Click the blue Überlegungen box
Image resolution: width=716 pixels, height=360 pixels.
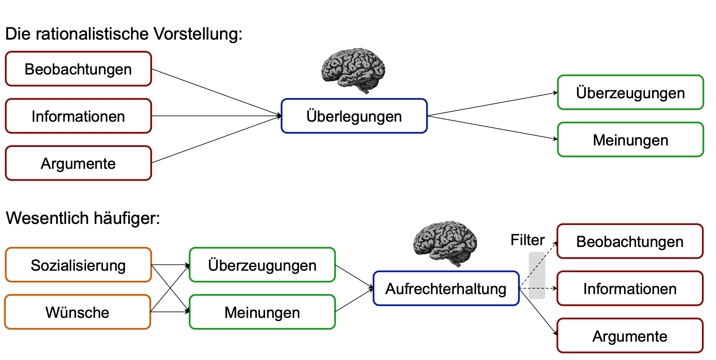(x=354, y=116)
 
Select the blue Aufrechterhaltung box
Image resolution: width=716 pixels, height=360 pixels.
(x=446, y=288)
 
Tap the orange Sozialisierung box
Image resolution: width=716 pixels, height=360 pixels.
(x=78, y=265)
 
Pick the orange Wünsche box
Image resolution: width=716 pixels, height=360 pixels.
(x=77, y=312)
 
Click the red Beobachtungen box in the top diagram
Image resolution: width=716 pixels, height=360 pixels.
(x=78, y=69)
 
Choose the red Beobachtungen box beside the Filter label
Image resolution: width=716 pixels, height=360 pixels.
(x=630, y=241)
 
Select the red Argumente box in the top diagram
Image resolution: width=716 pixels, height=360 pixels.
(x=78, y=163)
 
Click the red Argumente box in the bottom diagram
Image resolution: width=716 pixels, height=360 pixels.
(x=630, y=336)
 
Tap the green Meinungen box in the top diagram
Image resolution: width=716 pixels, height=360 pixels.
(x=630, y=140)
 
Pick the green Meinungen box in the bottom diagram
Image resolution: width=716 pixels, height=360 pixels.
(x=262, y=312)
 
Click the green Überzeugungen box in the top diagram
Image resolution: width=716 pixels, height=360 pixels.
(x=630, y=93)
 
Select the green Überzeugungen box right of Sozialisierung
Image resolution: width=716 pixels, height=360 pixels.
(x=262, y=265)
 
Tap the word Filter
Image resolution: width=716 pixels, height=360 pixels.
(x=527, y=240)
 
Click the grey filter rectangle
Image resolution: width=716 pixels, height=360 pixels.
(x=537, y=275)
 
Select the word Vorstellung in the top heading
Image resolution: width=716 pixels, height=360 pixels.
(x=198, y=34)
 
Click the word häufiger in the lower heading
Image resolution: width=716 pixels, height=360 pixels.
(x=126, y=218)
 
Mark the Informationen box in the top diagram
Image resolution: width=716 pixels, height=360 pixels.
(x=78, y=116)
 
